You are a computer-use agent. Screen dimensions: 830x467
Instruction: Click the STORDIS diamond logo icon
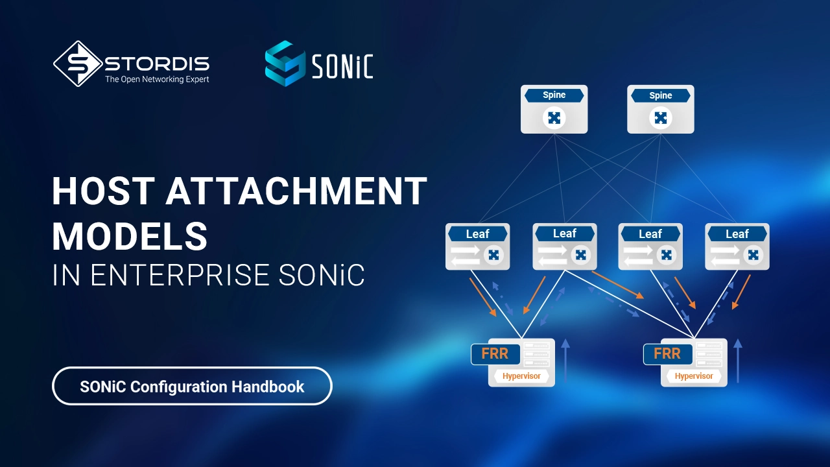78,64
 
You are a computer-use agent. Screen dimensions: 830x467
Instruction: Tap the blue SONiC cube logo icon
285,64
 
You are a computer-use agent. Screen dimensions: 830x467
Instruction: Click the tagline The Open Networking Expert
157,79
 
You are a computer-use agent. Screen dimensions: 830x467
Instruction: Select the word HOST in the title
103,191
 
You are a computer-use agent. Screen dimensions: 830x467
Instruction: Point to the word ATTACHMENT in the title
296,191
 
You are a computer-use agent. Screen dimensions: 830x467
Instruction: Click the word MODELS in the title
130,237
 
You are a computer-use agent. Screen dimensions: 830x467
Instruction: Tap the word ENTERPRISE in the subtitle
180,275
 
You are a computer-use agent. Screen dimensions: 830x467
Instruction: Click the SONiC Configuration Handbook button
192,386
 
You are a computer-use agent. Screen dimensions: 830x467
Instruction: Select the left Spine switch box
554,109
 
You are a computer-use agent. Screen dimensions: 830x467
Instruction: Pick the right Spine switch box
660,109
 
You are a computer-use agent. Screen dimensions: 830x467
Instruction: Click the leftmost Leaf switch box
478,246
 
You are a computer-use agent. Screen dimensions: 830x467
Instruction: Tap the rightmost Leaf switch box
737,246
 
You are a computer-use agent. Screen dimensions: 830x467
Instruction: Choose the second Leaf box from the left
565,246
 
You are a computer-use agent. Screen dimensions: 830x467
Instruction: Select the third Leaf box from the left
650,246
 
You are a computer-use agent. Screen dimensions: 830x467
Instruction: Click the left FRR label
495,354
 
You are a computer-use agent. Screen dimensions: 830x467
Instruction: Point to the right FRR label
667,354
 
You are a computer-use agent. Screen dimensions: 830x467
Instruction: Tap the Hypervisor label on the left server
521,376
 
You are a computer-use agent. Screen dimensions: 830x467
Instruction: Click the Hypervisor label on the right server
694,376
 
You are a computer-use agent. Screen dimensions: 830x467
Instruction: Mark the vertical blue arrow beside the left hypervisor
565,360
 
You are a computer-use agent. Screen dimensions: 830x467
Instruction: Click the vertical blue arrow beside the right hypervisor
738,360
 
